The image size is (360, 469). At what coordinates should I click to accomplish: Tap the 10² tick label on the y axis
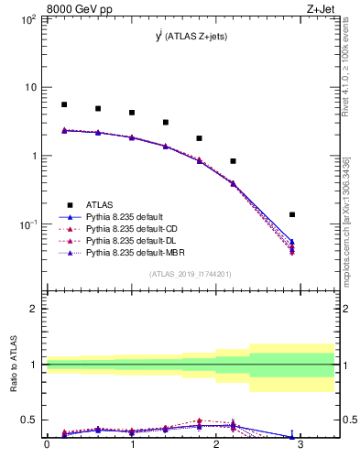(28, 19)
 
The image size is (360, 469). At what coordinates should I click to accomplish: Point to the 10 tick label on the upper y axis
(30, 87)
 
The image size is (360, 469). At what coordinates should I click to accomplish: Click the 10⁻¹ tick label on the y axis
(27, 224)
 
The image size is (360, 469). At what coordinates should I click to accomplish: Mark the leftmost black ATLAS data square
(64, 104)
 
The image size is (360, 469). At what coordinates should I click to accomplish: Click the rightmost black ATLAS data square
(292, 214)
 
